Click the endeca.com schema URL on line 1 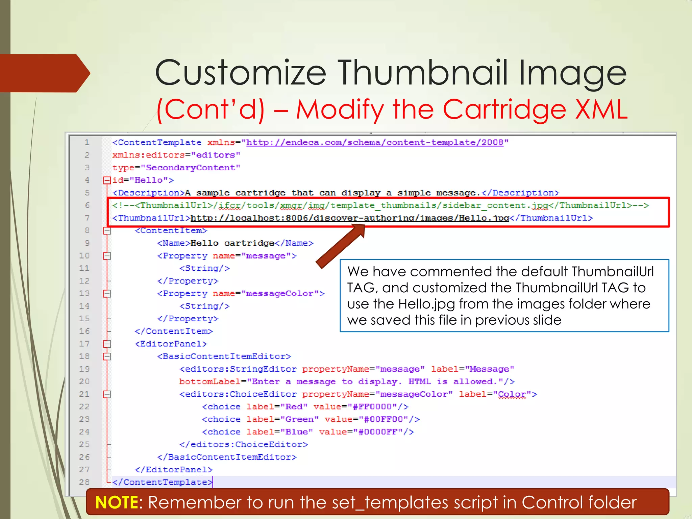[x=375, y=143]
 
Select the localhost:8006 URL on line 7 [x=350, y=218]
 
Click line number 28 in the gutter [x=84, y=482]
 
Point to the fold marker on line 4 [x=107, y=180]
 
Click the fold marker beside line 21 [x=107, y=394]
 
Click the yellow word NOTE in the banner [x=117, y=502]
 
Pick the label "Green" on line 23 [x=302, y=419]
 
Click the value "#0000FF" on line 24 [x=380, y=432]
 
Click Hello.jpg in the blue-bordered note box [x=426, y=304]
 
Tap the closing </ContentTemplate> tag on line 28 [x=162, y=482]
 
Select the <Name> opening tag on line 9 [x=174, y=243]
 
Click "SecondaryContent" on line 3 [x=190, y=168]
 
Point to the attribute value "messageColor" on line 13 [x=280, y=293]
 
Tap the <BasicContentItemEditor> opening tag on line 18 [x=224, y=356]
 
